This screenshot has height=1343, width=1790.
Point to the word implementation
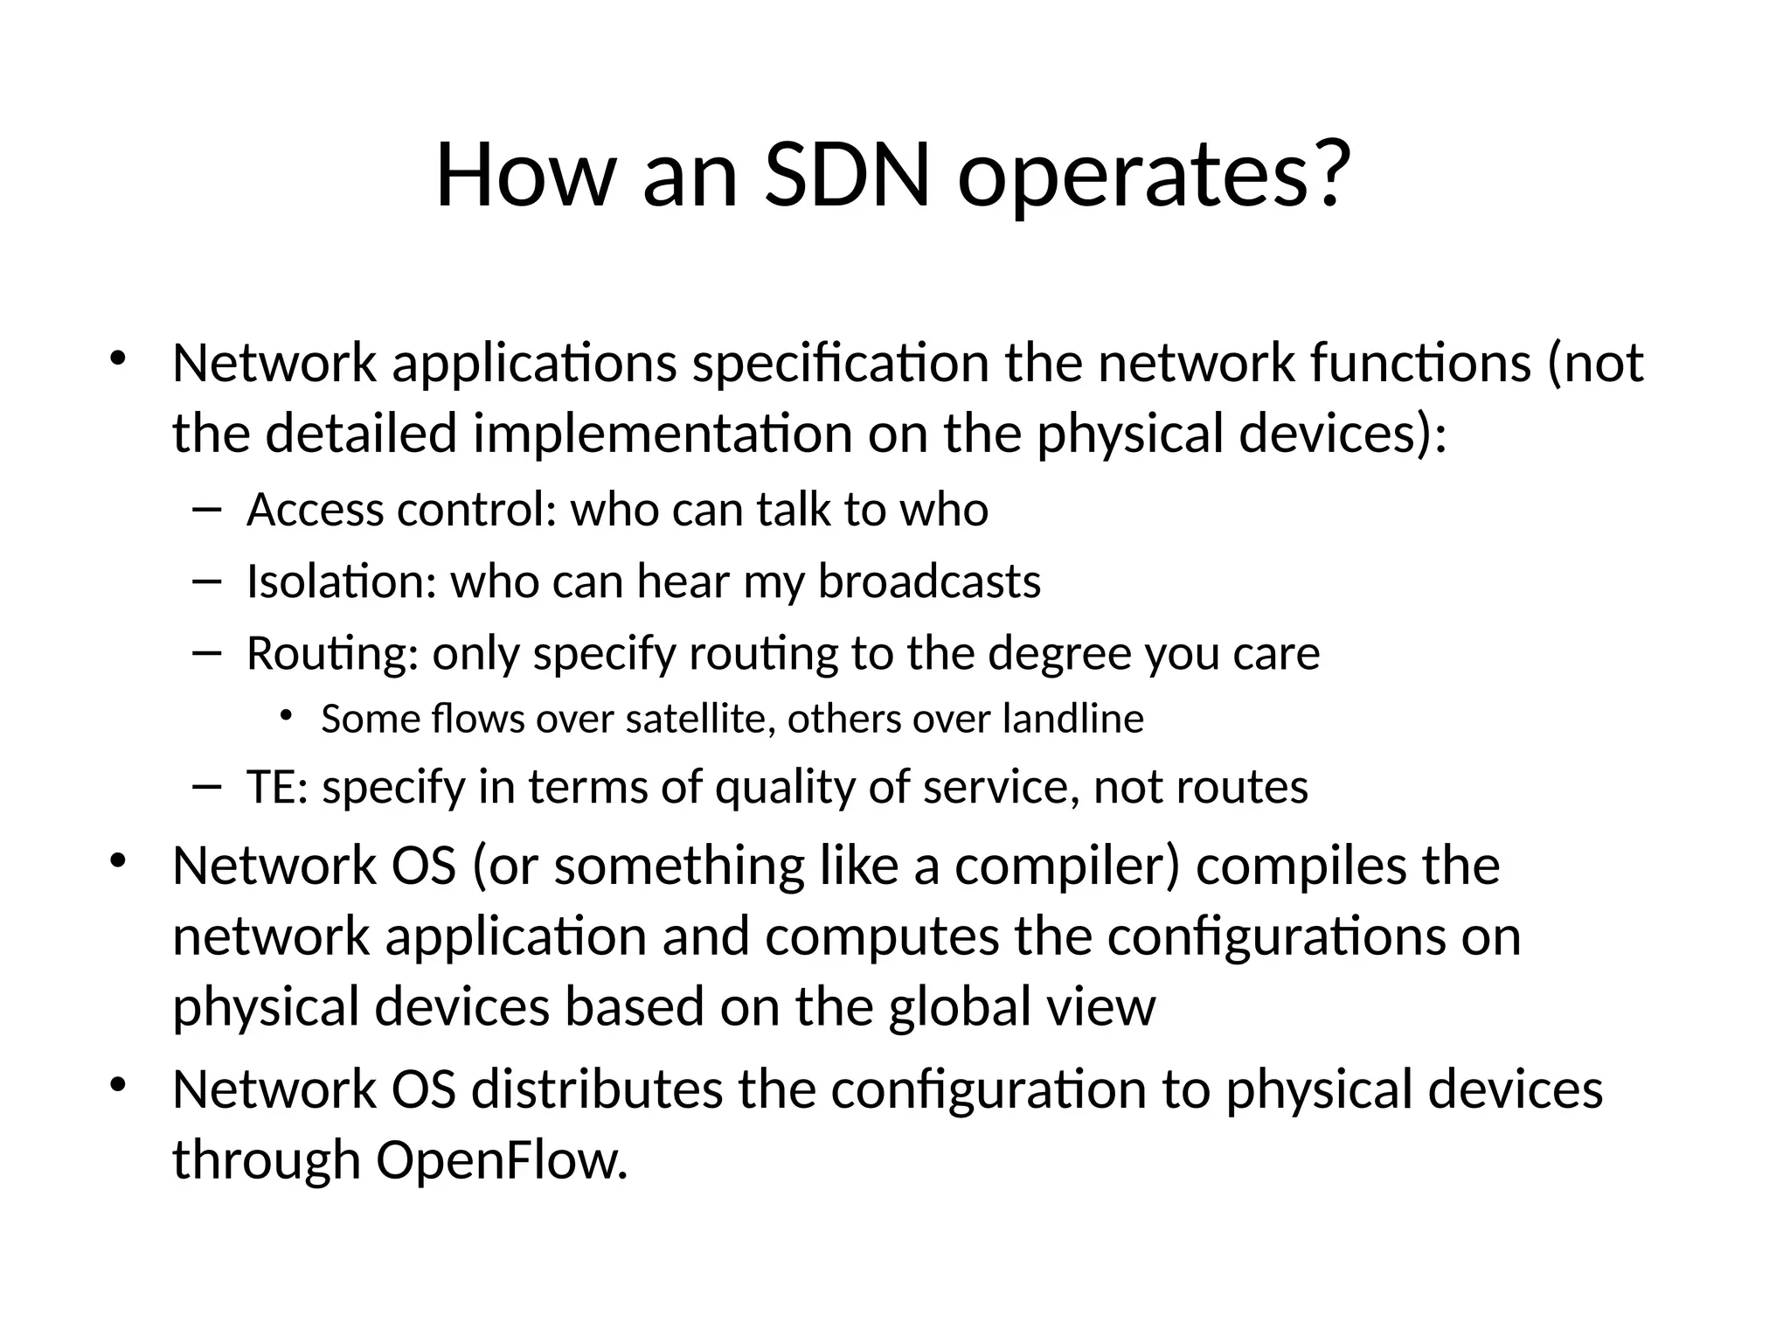tap(663, 435)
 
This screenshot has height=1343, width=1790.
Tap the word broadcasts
tap(929, 581)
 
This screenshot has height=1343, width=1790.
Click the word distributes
tap(597, 1090)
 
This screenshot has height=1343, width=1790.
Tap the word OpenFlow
tap(502, 1162)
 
